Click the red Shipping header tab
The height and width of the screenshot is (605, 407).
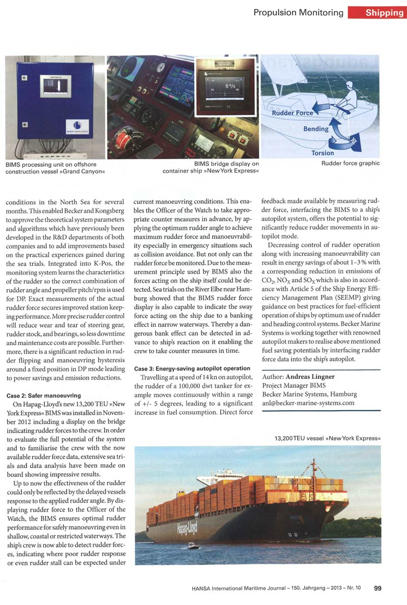(377, 12)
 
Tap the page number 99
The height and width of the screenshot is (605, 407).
(378, 588)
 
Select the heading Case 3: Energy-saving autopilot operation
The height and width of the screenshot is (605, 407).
(192, 368)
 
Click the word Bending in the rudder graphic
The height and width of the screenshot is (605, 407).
(316, 129)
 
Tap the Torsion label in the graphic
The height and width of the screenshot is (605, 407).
(323, 153)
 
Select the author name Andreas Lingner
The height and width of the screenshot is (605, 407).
(314, 377)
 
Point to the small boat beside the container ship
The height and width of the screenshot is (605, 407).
(193, 546)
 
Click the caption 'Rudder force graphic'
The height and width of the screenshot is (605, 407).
(351, 164)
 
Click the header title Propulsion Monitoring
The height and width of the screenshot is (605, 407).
(298, 12)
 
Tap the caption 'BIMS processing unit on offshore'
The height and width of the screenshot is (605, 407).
(51, 164)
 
